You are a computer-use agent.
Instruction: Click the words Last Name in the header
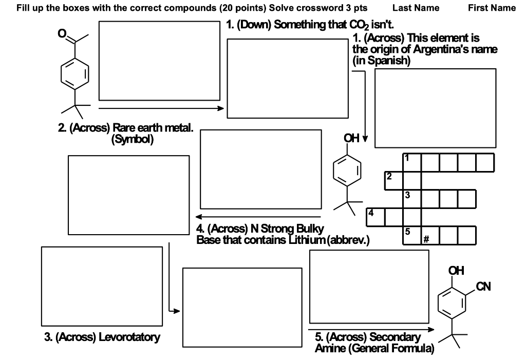[x=416, y=8]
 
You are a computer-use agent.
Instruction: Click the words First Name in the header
[x=492, y=8]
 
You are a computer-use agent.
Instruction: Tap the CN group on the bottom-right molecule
[x=483, y=287]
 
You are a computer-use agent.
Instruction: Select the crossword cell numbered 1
[x=411, y=162]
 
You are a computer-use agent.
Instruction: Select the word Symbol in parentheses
[x=132, y=139]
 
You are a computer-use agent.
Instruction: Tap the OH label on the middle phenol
[x=351, y=138]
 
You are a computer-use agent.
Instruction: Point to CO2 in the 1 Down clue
[x=350, y=25]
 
